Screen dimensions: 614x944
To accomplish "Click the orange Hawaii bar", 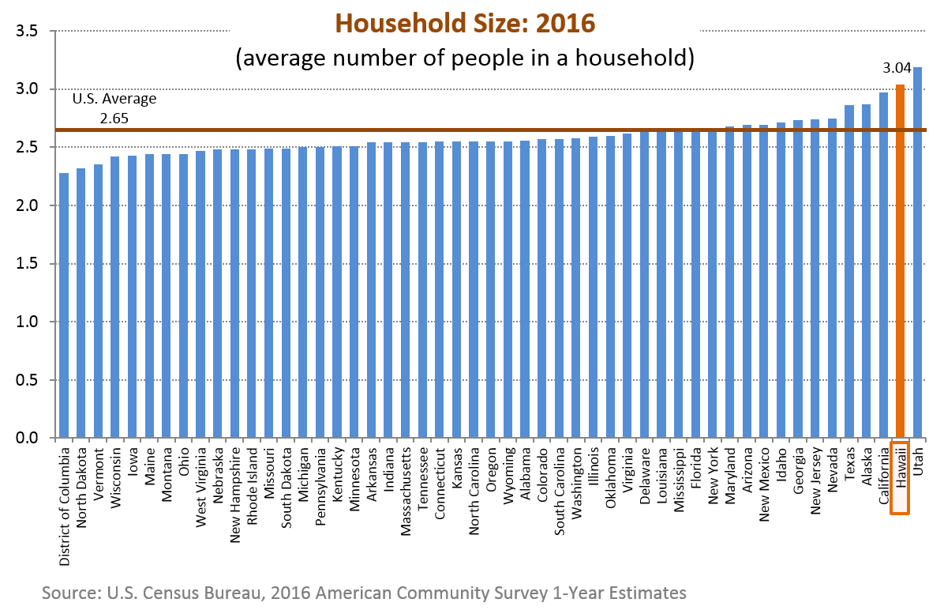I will (x=900, y=261).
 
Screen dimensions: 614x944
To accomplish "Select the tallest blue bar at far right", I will (x=917, y=253).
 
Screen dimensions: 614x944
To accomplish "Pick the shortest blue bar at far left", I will (x=64, y=305).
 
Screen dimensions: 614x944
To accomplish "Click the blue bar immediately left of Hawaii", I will (x=883, y=265).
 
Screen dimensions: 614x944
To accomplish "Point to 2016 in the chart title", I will (x=565, y=24).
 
